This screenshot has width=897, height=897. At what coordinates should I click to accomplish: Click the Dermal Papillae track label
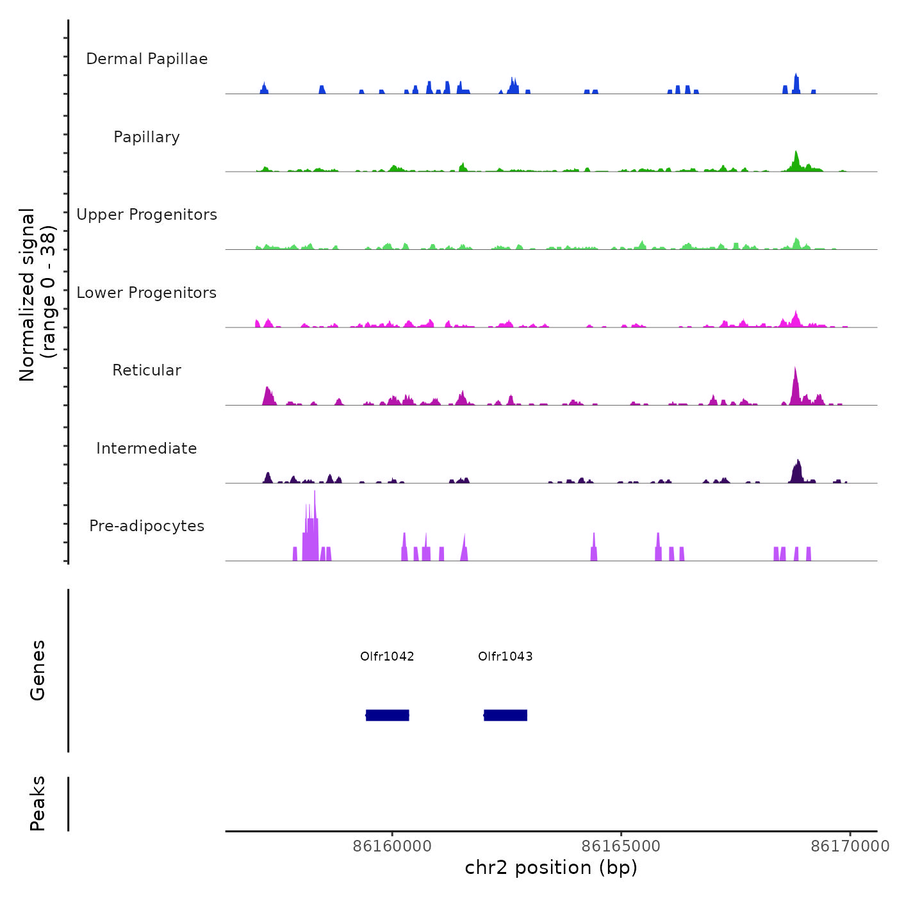pos(147,59)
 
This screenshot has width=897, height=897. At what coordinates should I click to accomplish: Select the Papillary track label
pos(147,137)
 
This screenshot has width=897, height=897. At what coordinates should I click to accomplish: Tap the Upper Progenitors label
pos(147,215)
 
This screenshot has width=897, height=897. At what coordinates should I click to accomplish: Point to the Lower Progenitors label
pos(147,293)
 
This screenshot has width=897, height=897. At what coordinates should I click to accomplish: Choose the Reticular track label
pos(147,370)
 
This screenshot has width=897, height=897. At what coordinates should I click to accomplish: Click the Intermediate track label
pos(147,448)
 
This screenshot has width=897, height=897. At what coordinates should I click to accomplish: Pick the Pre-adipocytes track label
pos(147,526)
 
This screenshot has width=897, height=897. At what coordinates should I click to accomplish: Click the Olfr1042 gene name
pos(387,656)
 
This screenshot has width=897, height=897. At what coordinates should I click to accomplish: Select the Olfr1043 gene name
pos(505,656)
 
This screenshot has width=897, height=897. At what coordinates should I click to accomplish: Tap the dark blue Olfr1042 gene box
pos(388,715)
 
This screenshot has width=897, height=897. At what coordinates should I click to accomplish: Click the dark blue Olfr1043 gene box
pos(506,715)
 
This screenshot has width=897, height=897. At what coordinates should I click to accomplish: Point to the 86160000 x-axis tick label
pos(392,846)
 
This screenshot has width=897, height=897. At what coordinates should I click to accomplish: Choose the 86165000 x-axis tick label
pos(621,846)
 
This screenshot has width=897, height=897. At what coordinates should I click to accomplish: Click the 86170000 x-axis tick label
pos(850,846)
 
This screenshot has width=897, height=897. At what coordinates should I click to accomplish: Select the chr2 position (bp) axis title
pos(551,868)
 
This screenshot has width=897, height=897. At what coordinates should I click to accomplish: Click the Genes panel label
pos(38,670)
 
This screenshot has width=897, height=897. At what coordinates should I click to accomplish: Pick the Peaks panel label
pos(38,803)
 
